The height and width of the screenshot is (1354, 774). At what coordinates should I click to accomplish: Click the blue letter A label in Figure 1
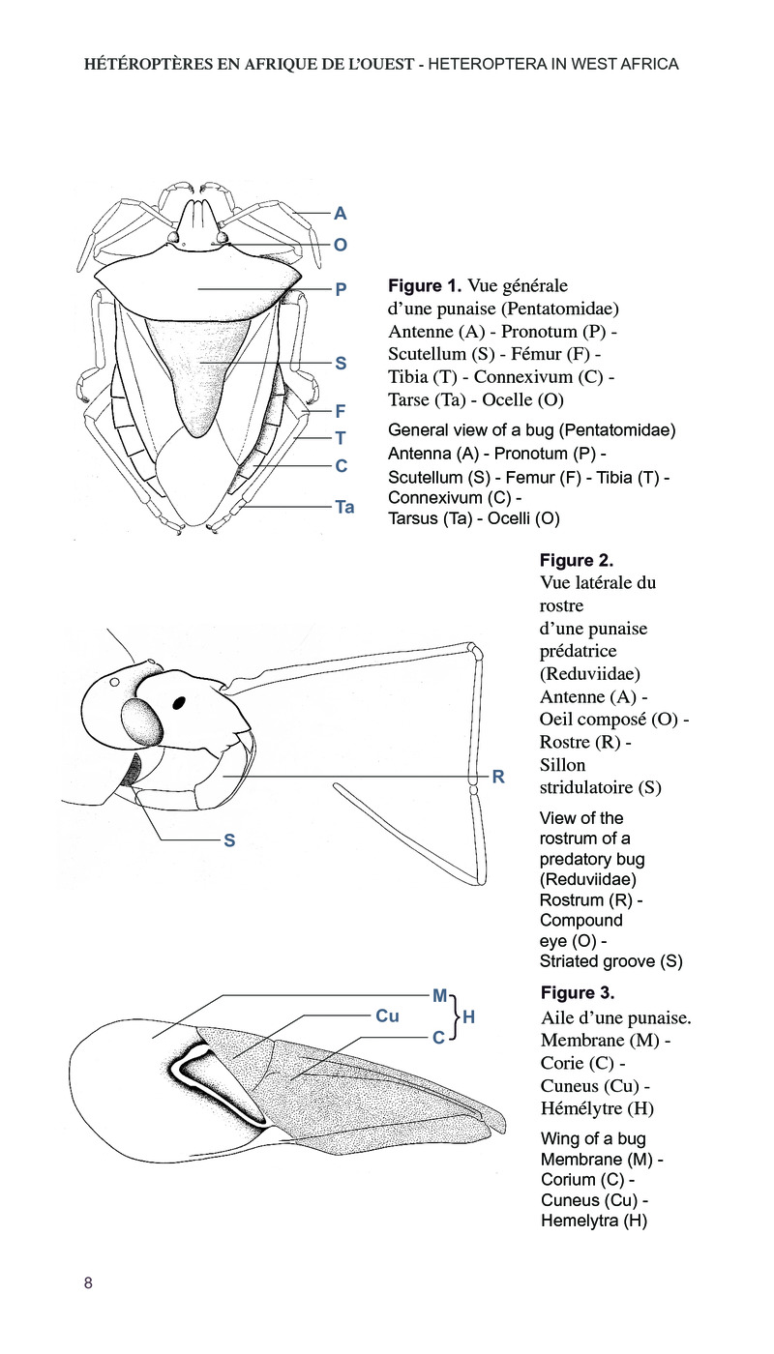click(x=340, y=214)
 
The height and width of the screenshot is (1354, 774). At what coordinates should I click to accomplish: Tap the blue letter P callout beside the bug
click(x=341, y=288)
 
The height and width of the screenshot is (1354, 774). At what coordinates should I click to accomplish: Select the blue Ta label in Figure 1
click(x=344, y=506)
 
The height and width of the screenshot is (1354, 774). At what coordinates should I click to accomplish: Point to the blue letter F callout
click(x=341, y=410)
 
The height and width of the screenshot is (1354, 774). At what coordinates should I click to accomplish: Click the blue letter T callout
click(x=341, y=438)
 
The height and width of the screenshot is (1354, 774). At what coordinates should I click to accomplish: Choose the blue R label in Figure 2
click(x=498, y=777)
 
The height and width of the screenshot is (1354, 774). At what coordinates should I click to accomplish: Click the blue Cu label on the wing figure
click(x=387, y=1015)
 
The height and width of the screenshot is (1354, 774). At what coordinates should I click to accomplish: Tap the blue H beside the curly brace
click(x=468, y=1016)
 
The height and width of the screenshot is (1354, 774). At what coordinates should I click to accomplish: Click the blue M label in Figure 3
click(x=439, y=995)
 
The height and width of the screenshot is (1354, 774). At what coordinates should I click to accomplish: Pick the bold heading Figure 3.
click(x=578, y=993)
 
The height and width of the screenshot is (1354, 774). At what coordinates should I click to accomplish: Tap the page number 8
click(x=88, y=1283)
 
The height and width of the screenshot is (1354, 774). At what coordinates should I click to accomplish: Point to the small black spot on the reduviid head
click(x=181, y=702)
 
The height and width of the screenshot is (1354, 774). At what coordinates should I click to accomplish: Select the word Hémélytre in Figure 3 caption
click(x=580, y=1107)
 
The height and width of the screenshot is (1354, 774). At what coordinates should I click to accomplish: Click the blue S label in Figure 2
click(x=229, y=840)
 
